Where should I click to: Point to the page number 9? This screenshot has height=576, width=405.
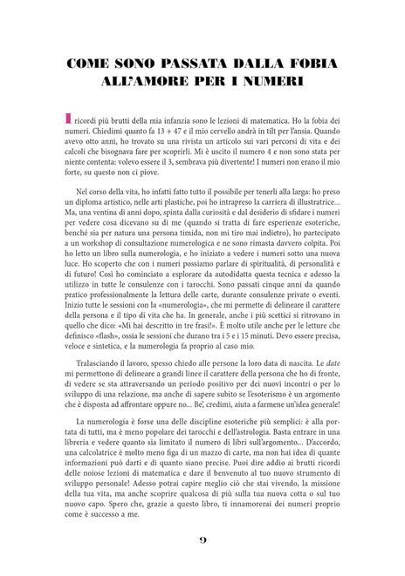tap(202, 540)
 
